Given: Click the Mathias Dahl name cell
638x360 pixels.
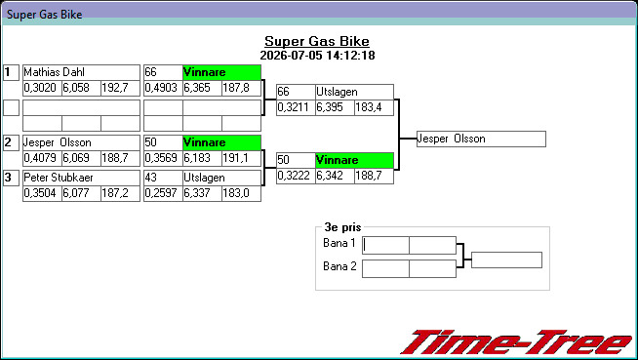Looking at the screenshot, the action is [x=81, y=72].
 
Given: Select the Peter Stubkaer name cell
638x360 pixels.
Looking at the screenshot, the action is [x=81, y=178].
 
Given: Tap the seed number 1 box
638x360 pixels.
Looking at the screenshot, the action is [x=11, y=72].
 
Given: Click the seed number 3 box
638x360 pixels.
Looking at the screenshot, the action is [x=11, y=178].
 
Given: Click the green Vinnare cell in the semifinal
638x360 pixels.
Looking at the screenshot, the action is [x=354, y=160].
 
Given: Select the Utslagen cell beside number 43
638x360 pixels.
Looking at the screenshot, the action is [x=221, y=178].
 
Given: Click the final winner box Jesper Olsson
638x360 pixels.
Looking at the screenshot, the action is [x=481, y=140].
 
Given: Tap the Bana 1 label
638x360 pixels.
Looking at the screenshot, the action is [x=339, y=243].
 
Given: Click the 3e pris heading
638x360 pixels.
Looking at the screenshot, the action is [x=342, y=227].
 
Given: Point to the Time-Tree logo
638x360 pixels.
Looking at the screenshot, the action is [x=517, y=342].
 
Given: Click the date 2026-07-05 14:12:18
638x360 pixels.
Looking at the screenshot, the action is [x=317, y=56].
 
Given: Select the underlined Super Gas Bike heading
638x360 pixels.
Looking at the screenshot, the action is [x=317, y=41].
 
